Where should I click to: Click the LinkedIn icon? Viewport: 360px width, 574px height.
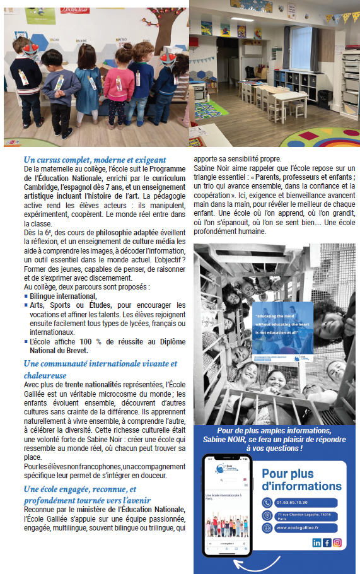(x=316, y=542)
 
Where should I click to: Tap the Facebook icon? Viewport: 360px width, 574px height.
(x=327, y=542)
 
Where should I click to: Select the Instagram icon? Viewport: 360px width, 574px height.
(x=337, y=542)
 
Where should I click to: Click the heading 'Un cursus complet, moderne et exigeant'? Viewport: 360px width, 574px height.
(x=95, y=160)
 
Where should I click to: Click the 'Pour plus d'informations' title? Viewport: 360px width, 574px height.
(x=301, y=479)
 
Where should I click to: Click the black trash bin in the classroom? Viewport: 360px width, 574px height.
(x=324, y=100)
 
